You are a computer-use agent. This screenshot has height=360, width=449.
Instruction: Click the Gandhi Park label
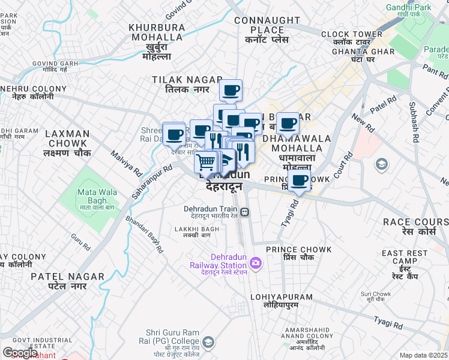click(410, 7)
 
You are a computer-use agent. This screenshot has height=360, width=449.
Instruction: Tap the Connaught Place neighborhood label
click(267, 25)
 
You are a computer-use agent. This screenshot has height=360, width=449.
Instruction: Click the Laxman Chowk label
click(67, 139)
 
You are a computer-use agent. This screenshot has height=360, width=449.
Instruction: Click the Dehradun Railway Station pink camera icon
click(256, 262)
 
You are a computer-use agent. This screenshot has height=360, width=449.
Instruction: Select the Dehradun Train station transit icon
click(245, 212)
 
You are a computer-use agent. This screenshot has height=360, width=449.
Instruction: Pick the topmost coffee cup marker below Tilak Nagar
click(230, 91)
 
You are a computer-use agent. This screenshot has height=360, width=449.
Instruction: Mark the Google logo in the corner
click(20, 353)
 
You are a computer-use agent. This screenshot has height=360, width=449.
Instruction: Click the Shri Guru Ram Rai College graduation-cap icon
click(208, 343)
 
